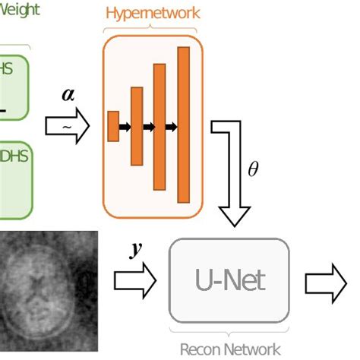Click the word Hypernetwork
click(153, 13)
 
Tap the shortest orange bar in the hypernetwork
click(113, 126)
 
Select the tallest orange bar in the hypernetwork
click(183, 125)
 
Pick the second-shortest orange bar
click(137, 126)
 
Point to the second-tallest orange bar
click(159, 127)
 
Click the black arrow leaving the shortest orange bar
click(125, 126)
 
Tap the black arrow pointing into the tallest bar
click(172, 126)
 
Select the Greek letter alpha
click(67, 96)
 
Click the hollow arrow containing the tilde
click(67, 127)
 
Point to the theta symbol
click(253, 169)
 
